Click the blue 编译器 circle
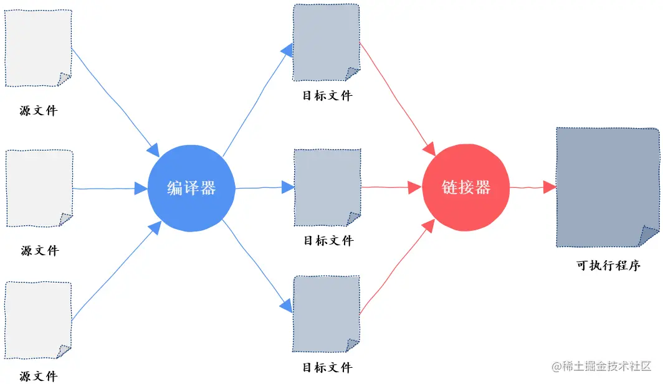[191, 188]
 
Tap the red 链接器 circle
[466, 187]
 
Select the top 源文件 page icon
[39, 48]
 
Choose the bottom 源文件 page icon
[39, 319]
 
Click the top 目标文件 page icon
[327, 42]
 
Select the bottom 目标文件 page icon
[327, 314]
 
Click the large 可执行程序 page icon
[607, 187]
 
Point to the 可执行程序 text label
[608, 266]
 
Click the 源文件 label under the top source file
[39, 111]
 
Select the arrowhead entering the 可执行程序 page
[549, 187]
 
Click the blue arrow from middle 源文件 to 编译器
[106, 188]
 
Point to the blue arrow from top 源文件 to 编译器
[112, 100]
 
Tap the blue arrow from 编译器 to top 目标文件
[255, 103]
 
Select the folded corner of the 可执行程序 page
[649, 236]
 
